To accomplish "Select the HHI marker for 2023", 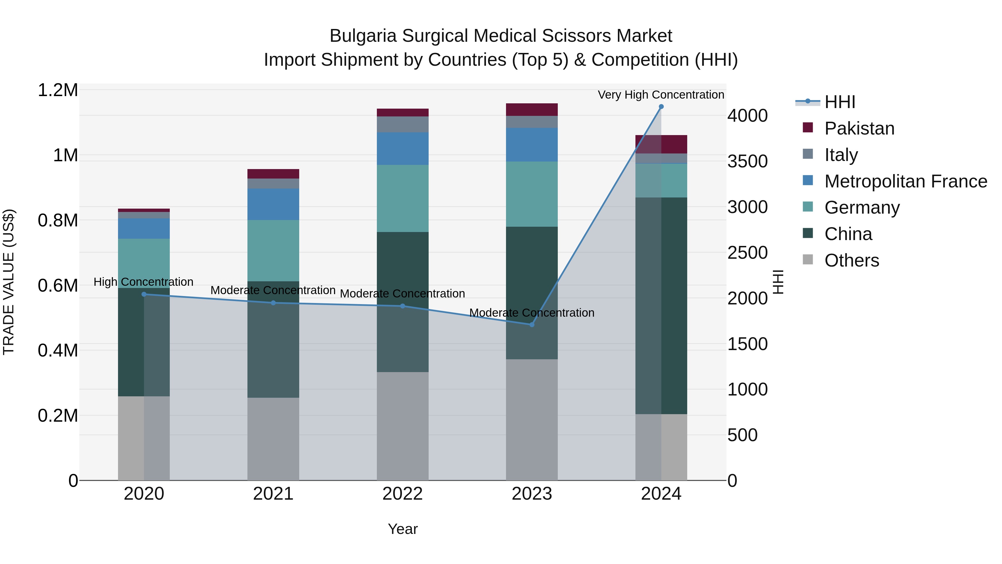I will [x=532, y=325].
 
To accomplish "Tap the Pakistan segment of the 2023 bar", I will [x=532, y=109].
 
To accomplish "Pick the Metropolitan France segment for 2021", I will [x=273, y=204].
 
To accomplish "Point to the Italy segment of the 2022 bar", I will [x=402, y=124].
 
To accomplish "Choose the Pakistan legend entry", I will [x=859, y=128].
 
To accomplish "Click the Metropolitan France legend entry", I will [x=905, y=181].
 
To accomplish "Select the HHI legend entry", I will [x=839, y=102].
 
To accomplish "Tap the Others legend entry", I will [x=851, y=260].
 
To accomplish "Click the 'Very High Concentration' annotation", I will [x=660, y=95].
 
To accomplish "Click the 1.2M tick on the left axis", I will [x=58, y=90].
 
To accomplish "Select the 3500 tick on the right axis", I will [x=747, y=162].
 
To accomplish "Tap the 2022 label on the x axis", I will [x=402, y=494].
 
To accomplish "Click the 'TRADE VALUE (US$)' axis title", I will [x=9, y=282].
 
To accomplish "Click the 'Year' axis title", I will [x=402, y=529].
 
